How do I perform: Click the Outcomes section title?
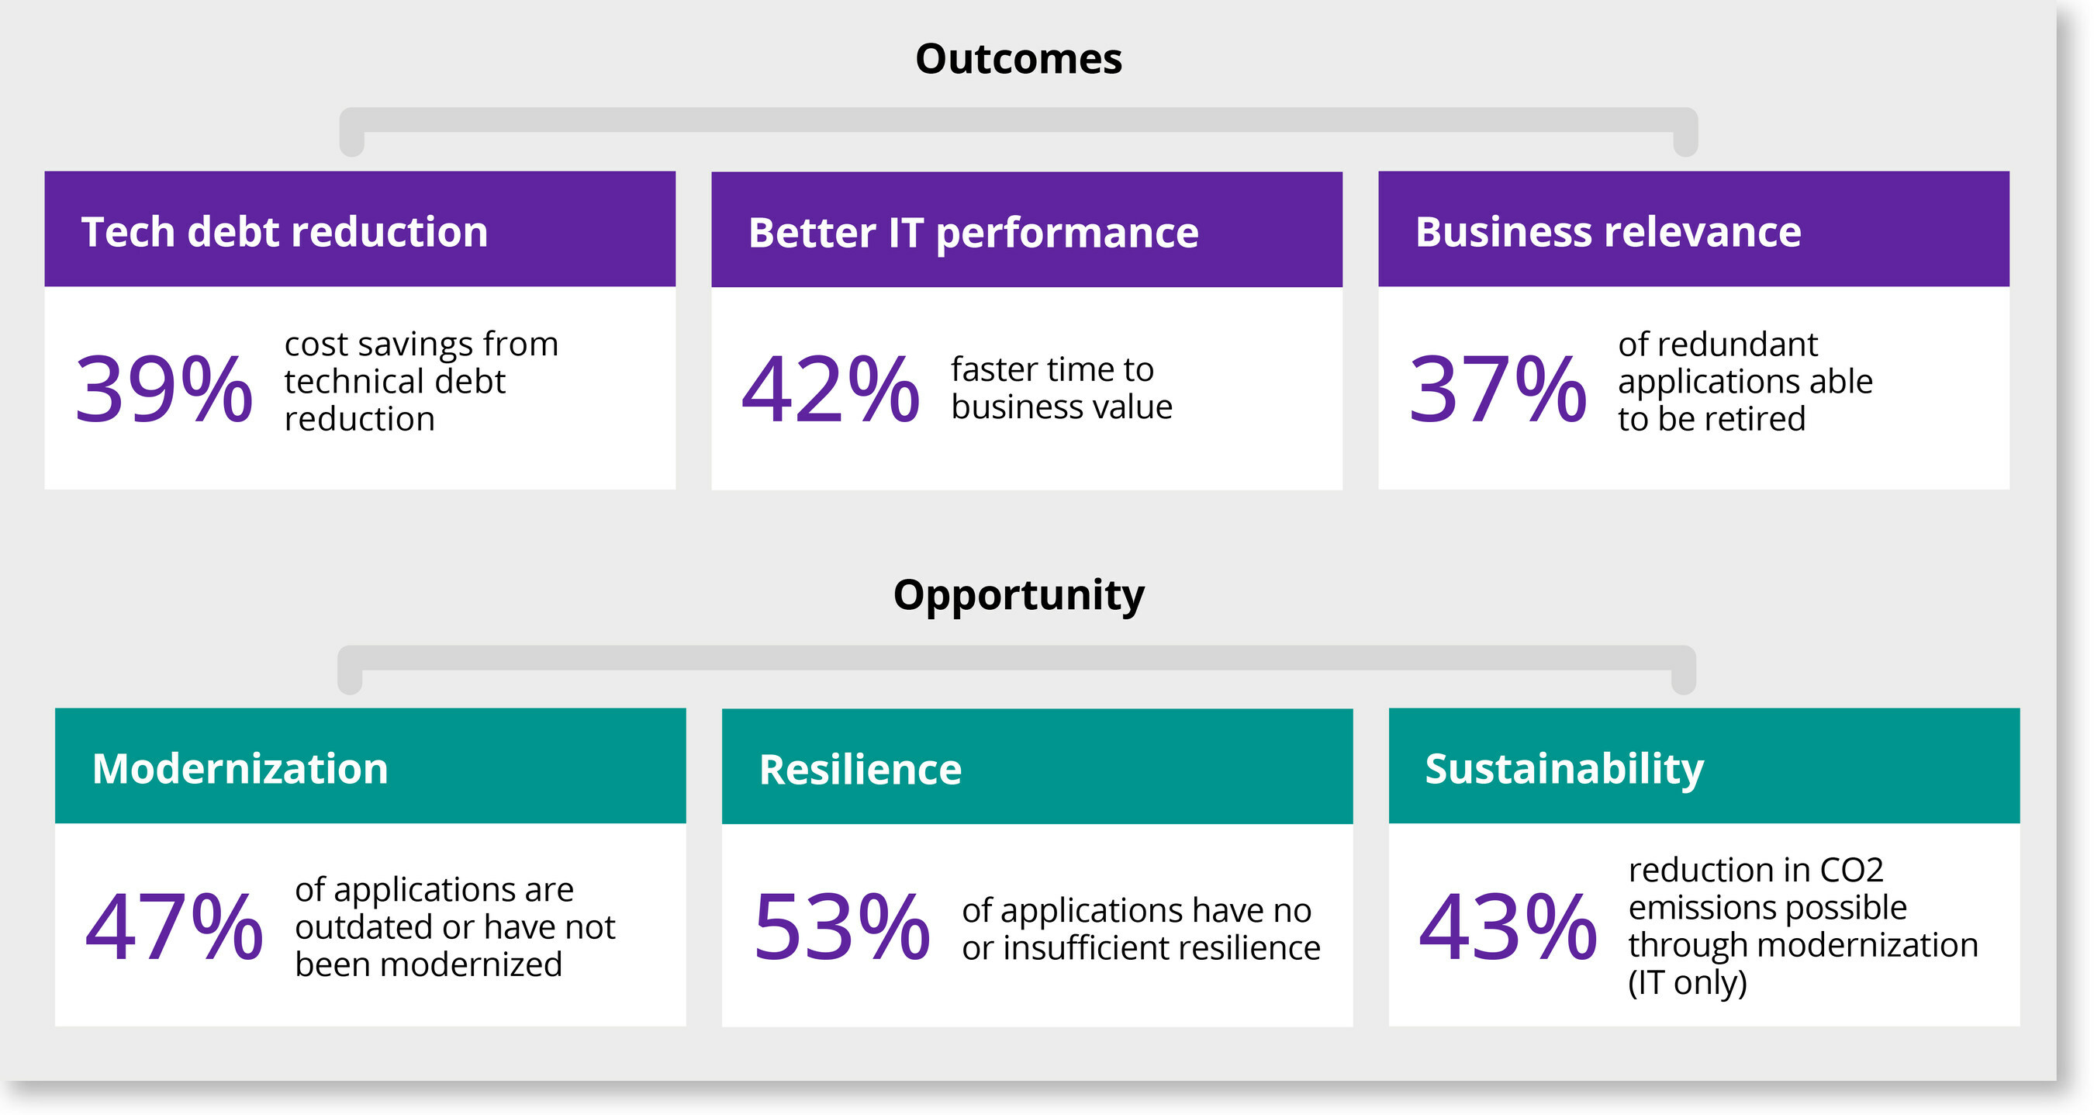(x=1018, y=60)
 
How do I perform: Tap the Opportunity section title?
(x=1018, y=595)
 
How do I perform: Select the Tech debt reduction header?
(x=285, y=232)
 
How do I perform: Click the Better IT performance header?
(x=973, y=234)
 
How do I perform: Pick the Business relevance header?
(x=1608, y=232)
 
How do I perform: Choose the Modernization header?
(x=240, y=768)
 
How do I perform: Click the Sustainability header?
(x=1564, y=768)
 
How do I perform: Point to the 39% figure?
(x=164, y=389)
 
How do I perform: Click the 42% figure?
(x=830, y=389)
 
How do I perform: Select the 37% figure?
(x=1498, y=389)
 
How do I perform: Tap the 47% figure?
(x=174, y=926)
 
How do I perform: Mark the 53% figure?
(x=841, y=926)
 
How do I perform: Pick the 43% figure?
(x=1508, y=926)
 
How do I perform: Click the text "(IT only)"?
(x=1687, y=983)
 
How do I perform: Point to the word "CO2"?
(x=1851, y=871)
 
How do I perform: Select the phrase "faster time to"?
(x=1052, y=370)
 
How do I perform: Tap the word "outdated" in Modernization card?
(x=362, y=927)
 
